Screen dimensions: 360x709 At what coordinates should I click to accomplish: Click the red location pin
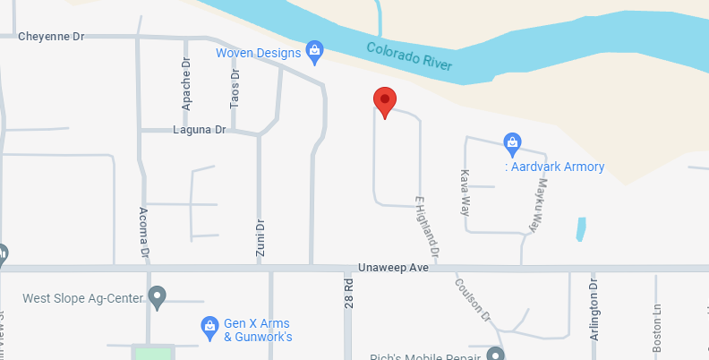click(x=385, y=101)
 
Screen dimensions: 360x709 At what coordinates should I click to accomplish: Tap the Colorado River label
click(x=410, y=57)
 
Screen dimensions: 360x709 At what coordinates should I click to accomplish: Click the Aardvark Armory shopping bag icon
click(x=512, y=141)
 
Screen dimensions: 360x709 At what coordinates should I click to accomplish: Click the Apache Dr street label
click(x=186, y=85)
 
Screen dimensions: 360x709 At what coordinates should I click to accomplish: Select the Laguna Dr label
click(x=200, y=130)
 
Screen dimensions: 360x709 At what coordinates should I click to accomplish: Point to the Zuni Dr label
click(x=261, y=238)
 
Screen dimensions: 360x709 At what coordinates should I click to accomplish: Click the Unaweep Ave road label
click(x=394, y=268)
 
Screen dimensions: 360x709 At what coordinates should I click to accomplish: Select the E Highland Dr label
click(x=429, y=223)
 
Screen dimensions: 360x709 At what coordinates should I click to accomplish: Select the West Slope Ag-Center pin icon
click(x=158, y=296)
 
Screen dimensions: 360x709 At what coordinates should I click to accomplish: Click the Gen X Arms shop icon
click(x=209, y=324)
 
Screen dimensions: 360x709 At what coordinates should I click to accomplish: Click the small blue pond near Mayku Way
click(x=582, y=229)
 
